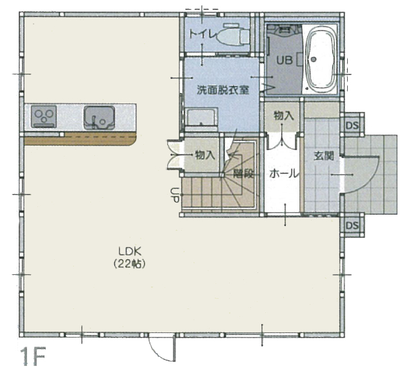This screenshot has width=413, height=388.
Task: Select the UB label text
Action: tap(285, 60)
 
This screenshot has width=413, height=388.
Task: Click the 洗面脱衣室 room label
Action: tap(223, 91)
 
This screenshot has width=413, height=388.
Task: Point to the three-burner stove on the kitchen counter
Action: tap(44, 116)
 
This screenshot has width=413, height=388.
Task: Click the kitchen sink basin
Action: tap(99, 118)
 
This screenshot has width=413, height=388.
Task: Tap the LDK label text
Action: tap(130, 252)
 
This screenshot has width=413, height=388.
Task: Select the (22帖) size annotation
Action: tap(129, 264)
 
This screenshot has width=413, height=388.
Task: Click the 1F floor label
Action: tap(33, 356)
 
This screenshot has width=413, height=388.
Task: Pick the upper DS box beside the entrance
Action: tap(352, 125)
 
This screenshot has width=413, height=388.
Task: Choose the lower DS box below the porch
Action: tap(352, 226)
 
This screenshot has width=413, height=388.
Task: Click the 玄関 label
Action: tap(324, 156)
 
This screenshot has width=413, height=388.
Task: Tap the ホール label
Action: tap(284, 174)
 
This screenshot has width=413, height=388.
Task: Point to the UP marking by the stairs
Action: tap(175, 195)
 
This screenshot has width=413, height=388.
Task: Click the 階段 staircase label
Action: tap(244, 174)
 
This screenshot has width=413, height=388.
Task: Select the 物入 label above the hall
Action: tap(284, 115)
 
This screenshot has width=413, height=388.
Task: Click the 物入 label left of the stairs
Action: tap(205, 155)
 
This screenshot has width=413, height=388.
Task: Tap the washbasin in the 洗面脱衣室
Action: tap(201, 118)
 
